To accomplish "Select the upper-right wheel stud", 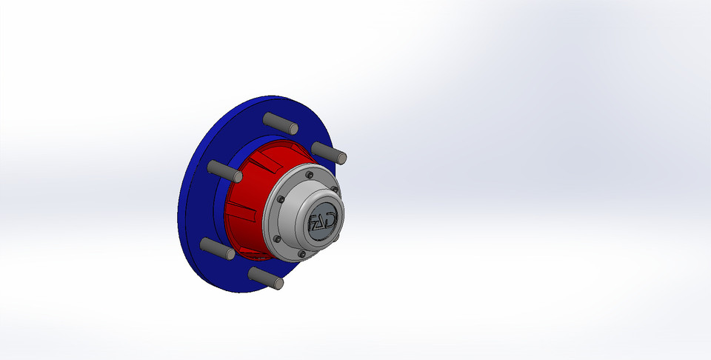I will coord(330,153).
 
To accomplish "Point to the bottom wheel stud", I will coord(266,278).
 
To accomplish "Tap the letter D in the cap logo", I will coord(333,219).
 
